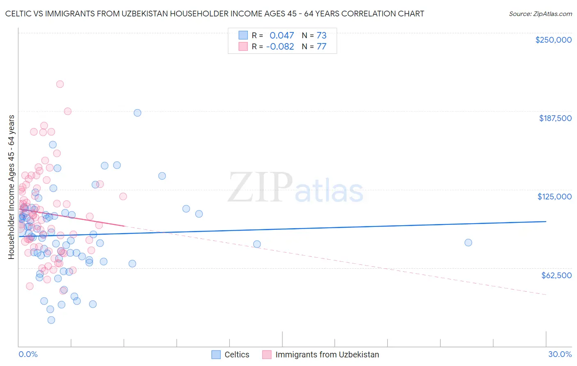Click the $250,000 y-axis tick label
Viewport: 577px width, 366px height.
point(553,40)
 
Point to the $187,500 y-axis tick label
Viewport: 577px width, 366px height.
point(555,118)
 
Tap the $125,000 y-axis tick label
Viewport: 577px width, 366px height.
point(554,197)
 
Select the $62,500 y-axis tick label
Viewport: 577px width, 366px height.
point(556,275)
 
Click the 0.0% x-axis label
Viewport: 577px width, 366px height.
point(28,355)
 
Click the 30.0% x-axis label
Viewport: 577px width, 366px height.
point(560,355)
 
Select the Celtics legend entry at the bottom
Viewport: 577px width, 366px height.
point(236,355)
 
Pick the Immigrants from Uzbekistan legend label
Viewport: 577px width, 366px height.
point(327,355)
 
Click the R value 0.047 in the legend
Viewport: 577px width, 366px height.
point(282,35)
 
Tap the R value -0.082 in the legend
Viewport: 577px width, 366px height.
point(280,46)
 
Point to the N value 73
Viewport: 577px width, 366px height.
point(321,35)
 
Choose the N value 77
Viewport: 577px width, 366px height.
point(321,46)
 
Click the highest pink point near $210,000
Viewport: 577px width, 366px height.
point(60,84)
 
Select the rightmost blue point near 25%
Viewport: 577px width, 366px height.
point(468,242)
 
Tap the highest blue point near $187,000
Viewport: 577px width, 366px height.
point(137,113)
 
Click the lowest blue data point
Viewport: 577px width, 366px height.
point(51,320)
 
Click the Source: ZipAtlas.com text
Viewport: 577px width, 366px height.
point(540,14)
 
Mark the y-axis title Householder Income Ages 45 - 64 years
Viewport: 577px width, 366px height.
point(11,187)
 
